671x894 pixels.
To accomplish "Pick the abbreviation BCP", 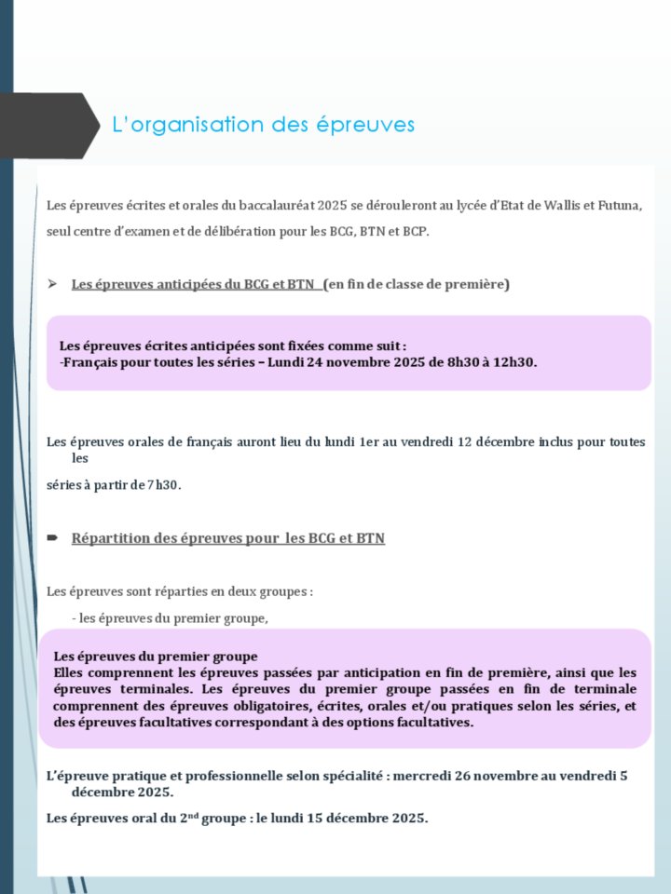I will (x=415, y=231).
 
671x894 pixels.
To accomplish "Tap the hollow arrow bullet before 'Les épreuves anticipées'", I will (x=53, y=283).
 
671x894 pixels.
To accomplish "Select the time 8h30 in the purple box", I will (x=448, y=362).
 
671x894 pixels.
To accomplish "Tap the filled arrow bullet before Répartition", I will (x=53, y=538).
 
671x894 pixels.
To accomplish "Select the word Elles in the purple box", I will (x=70, y=671).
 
